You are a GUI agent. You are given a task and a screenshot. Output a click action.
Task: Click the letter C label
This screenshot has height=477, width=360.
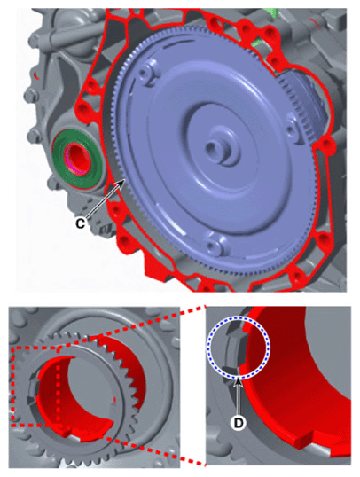[80, 224]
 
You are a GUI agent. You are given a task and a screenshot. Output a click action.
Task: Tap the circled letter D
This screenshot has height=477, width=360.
[239, 422]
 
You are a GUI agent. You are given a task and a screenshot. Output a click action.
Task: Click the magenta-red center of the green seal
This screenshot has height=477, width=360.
[76, 159]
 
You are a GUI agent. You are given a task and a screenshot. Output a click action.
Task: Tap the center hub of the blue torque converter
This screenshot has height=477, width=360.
[215, 147]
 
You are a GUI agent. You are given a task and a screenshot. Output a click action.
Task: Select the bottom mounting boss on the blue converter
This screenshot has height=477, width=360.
[216, 247]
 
